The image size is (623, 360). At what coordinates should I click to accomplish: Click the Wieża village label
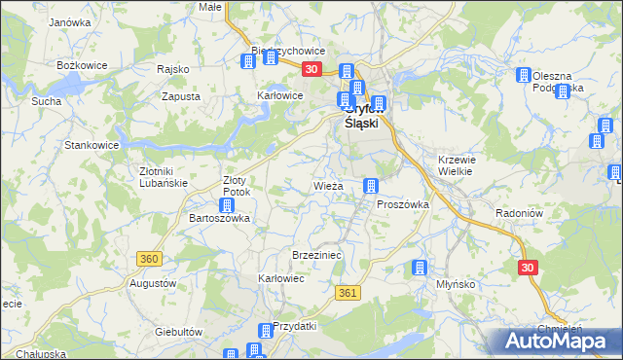pyautogui.click(x=327, y=185)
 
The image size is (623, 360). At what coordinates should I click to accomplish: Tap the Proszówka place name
pyautogui.click(x=402, y=204)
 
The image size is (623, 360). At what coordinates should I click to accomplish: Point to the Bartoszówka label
pyautogui.click(x=219, y=219)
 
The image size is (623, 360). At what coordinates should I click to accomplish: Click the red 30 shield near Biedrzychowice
pyautogui.click(x=311, y=69)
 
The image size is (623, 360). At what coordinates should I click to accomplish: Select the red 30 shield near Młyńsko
pyautogui.click(x=528, y=267)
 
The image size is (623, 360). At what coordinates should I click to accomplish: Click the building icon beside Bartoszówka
pyautogui.click(x=225, y=204)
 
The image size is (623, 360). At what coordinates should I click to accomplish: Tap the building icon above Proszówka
pyautogui.click(x=370, y=186)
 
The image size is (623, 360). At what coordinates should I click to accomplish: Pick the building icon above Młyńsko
pyautogui.click(x=420, y=268)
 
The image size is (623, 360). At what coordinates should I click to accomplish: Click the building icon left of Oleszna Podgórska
pyautogui.click(x=523, y=76)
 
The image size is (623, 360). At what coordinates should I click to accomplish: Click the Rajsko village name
pyautogui.click(x=172, y=69)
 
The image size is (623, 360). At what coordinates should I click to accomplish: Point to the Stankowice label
pyautogui.click(x=91, y=145)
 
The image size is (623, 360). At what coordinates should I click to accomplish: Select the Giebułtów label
pyautogui.click(x=178, y=332)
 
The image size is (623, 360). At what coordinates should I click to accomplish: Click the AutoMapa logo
pyautogui.click(x=558, y=342)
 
